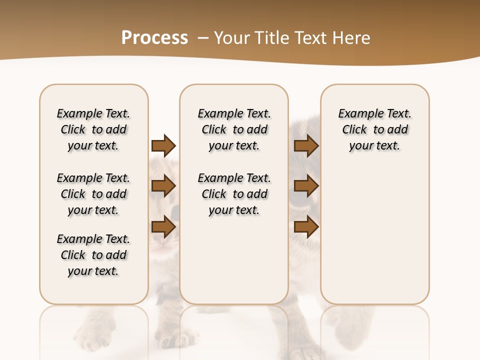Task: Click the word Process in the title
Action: tap(154, 37)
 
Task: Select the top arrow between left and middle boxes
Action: tap(163, 146)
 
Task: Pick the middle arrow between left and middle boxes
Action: tap(163, 186)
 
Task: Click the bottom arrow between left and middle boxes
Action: tap(163, 227)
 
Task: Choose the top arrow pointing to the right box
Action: tap(306, 146)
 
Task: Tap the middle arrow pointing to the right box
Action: tap(306, 186)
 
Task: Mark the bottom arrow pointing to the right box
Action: tap(306, 227)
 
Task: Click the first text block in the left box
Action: tap(93, 129)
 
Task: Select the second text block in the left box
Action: tap(93, 194)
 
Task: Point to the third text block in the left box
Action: tap(93, 255)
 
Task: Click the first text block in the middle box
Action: tap(234, 129)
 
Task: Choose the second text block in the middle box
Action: tap(234, 194)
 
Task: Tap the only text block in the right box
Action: tap(375, 129)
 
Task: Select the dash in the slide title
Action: tap(202, 37)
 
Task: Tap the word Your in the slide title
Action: tap(231, 37)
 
